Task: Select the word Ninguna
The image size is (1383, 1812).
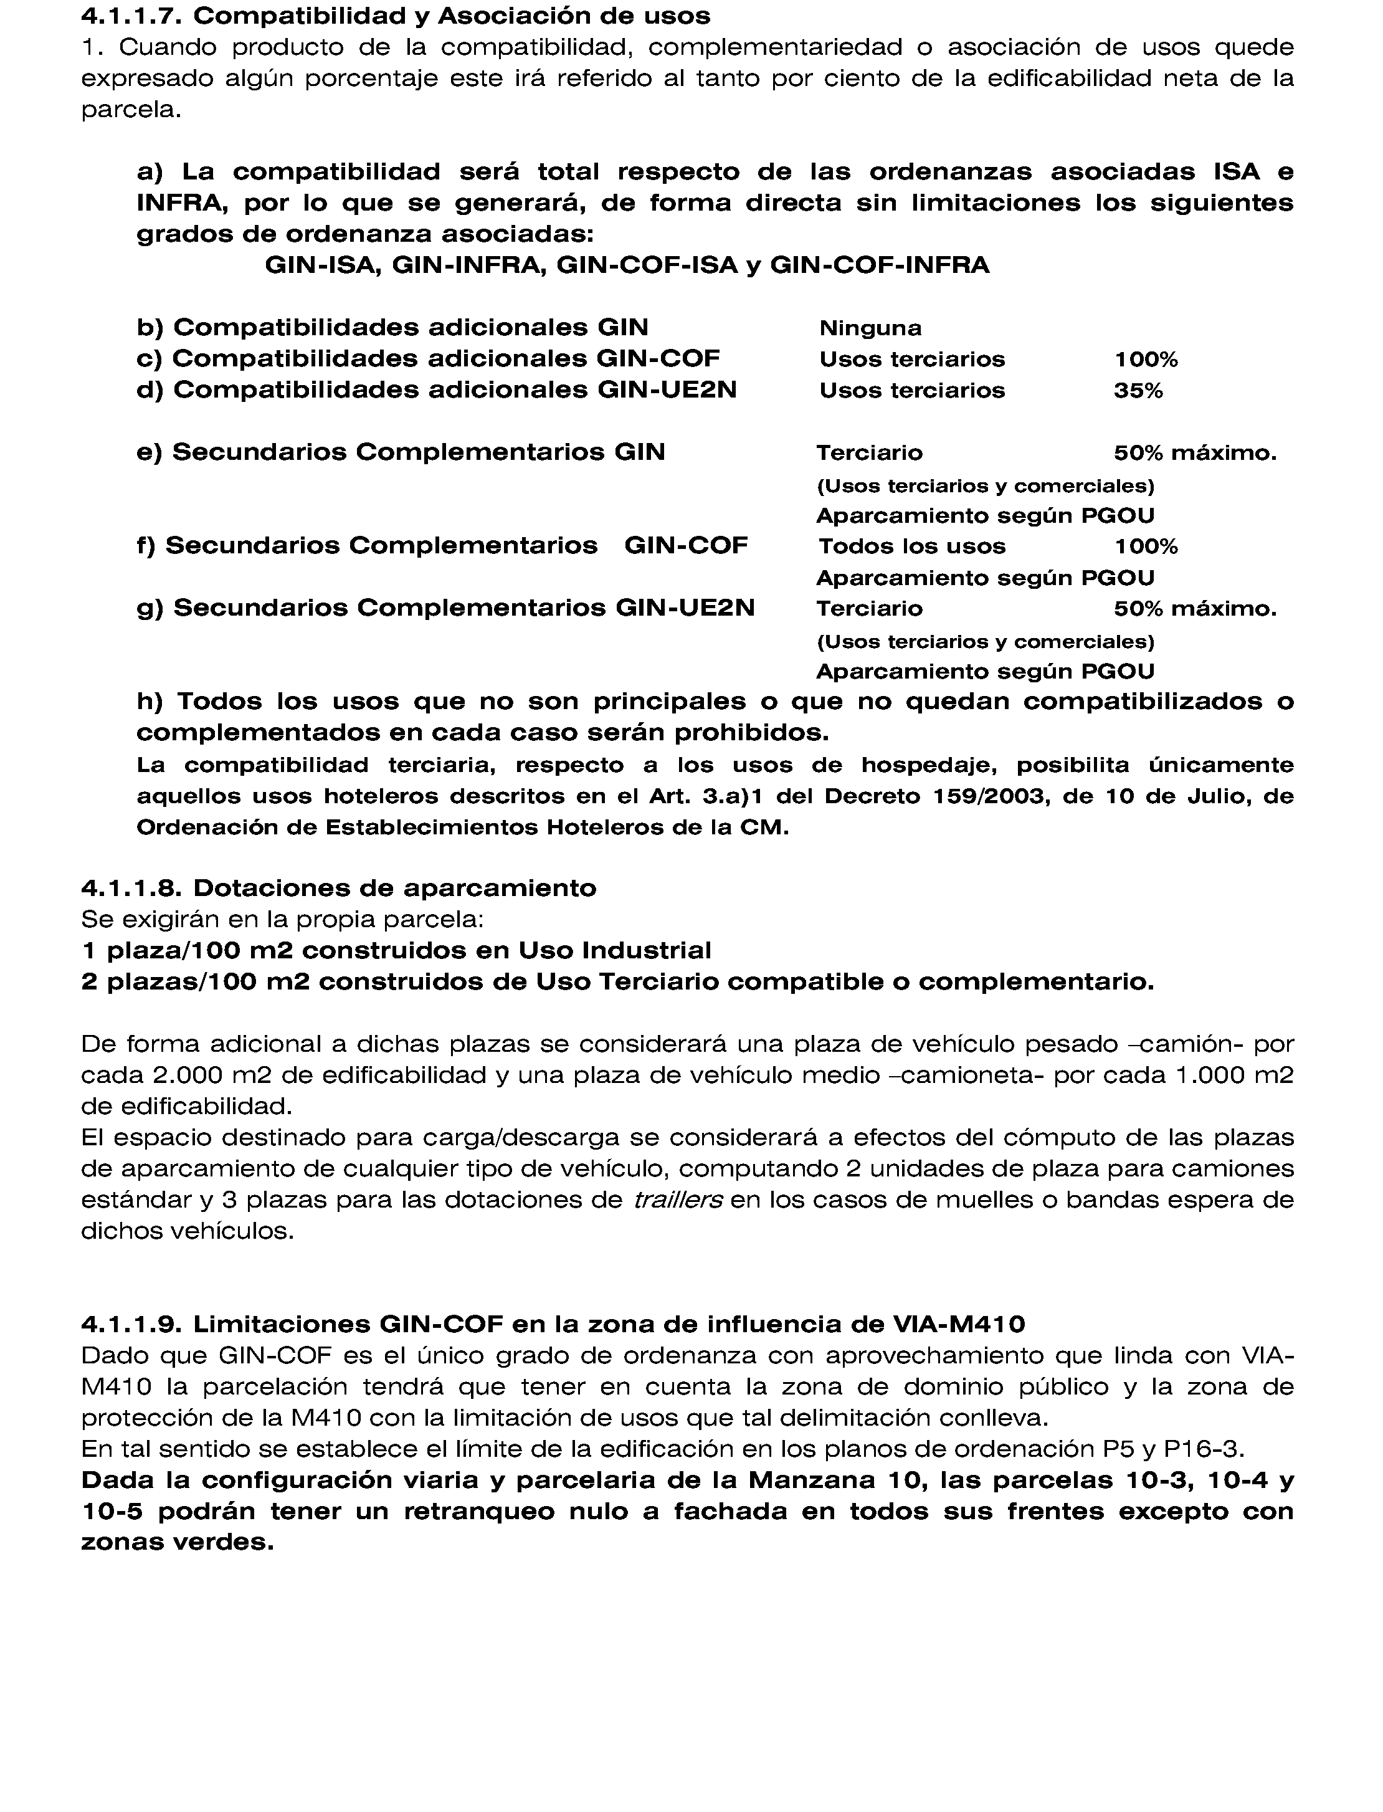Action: point(870,328)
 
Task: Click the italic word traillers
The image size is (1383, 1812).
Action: point(678,1199)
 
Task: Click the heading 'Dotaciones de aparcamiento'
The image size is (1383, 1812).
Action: point(394,889)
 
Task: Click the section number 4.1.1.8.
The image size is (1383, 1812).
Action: point(133,889)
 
